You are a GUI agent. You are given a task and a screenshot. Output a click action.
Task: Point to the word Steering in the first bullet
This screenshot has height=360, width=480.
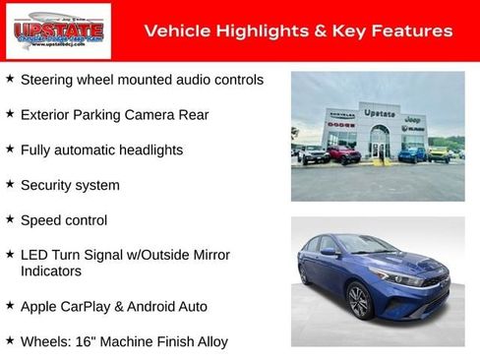pyautogui.click(x=46, y=80)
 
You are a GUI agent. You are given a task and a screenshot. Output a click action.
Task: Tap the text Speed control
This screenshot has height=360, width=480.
pyautogui.click(x=64, y=220)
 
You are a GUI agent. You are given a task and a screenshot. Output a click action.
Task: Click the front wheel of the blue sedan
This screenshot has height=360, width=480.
pyautogui.click(x=358, y=301)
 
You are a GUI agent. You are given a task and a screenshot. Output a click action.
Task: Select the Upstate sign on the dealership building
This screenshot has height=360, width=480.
pyautogui.click(x=379, y=114)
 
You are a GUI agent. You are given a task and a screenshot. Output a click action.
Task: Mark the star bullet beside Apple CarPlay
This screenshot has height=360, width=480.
pyautogui.click(x=10, y=305)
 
